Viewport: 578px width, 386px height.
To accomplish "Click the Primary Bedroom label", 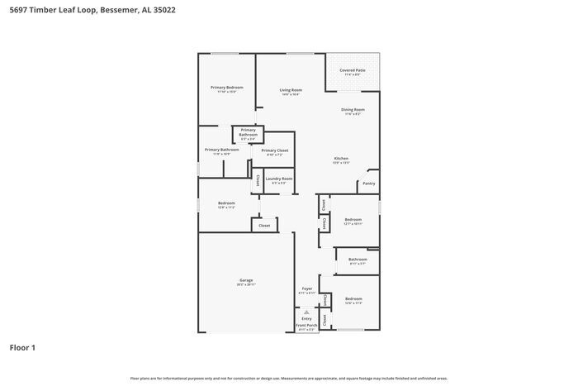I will tap(226, 87).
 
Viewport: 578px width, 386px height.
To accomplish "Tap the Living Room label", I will tap(291, 90).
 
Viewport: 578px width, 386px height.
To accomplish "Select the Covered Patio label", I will tap(353, 70).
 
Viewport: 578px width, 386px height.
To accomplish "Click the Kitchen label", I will tap(341, 158).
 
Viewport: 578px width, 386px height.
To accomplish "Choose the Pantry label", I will tap(368, 183).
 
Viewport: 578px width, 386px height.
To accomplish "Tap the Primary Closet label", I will tap(274, 150).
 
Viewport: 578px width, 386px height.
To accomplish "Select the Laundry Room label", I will tap(278, 179).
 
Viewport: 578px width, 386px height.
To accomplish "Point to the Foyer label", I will tap(307, 288).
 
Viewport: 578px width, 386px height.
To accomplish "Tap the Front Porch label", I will tap(307, 326).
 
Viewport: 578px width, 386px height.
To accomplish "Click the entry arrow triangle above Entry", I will tap(307, 312).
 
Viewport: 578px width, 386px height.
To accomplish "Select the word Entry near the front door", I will tap(307, 318).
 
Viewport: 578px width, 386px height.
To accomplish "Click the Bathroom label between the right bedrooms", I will tap(358, 260).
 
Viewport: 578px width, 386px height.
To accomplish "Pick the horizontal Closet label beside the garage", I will tap(264, 225).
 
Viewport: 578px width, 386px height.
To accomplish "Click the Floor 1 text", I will tap(22, 348).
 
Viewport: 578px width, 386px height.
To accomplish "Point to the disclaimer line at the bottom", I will tap(289, 378).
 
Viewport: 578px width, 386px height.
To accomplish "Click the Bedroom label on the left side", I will tap(226, 203).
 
